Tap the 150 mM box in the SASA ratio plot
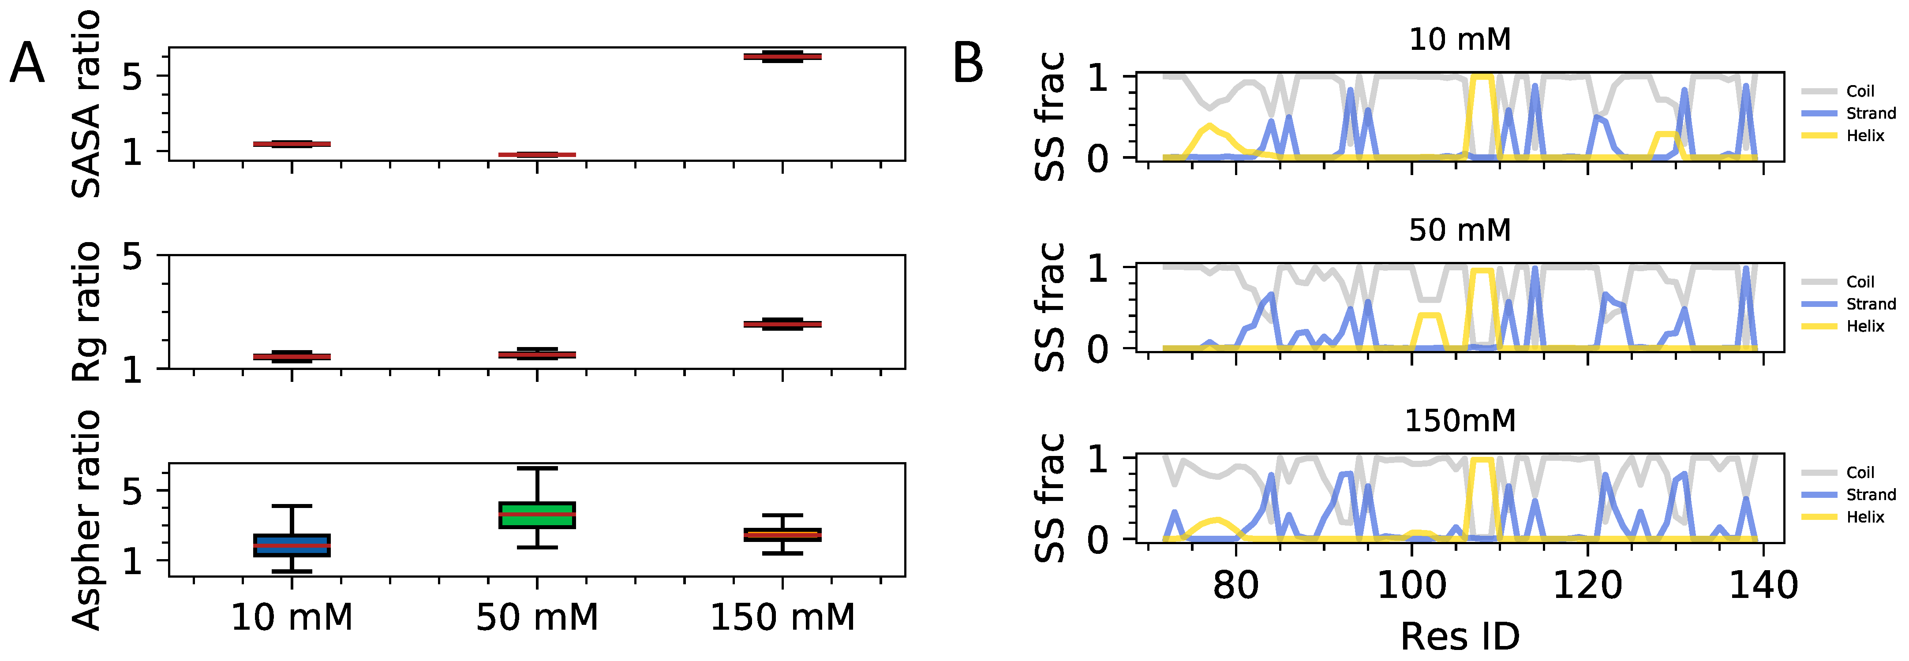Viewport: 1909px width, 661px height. (782, 56)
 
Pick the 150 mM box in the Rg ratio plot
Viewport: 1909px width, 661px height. (782, 324)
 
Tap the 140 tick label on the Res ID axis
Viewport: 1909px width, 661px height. (1763, 586)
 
